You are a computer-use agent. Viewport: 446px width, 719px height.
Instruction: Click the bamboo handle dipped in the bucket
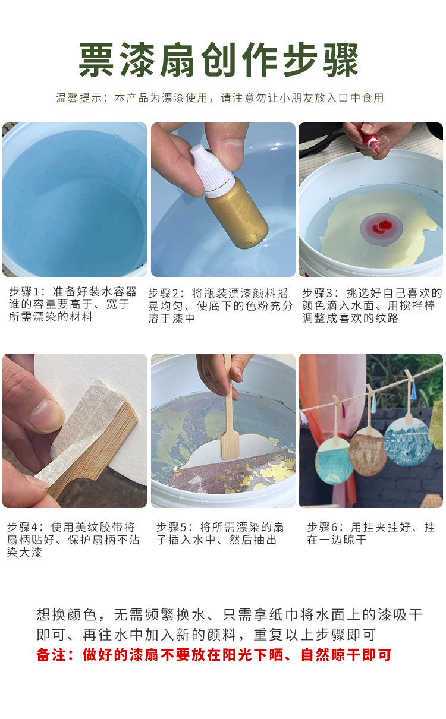230,416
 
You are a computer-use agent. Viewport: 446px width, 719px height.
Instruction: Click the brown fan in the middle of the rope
368,450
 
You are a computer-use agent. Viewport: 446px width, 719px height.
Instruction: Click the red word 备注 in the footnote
50,655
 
